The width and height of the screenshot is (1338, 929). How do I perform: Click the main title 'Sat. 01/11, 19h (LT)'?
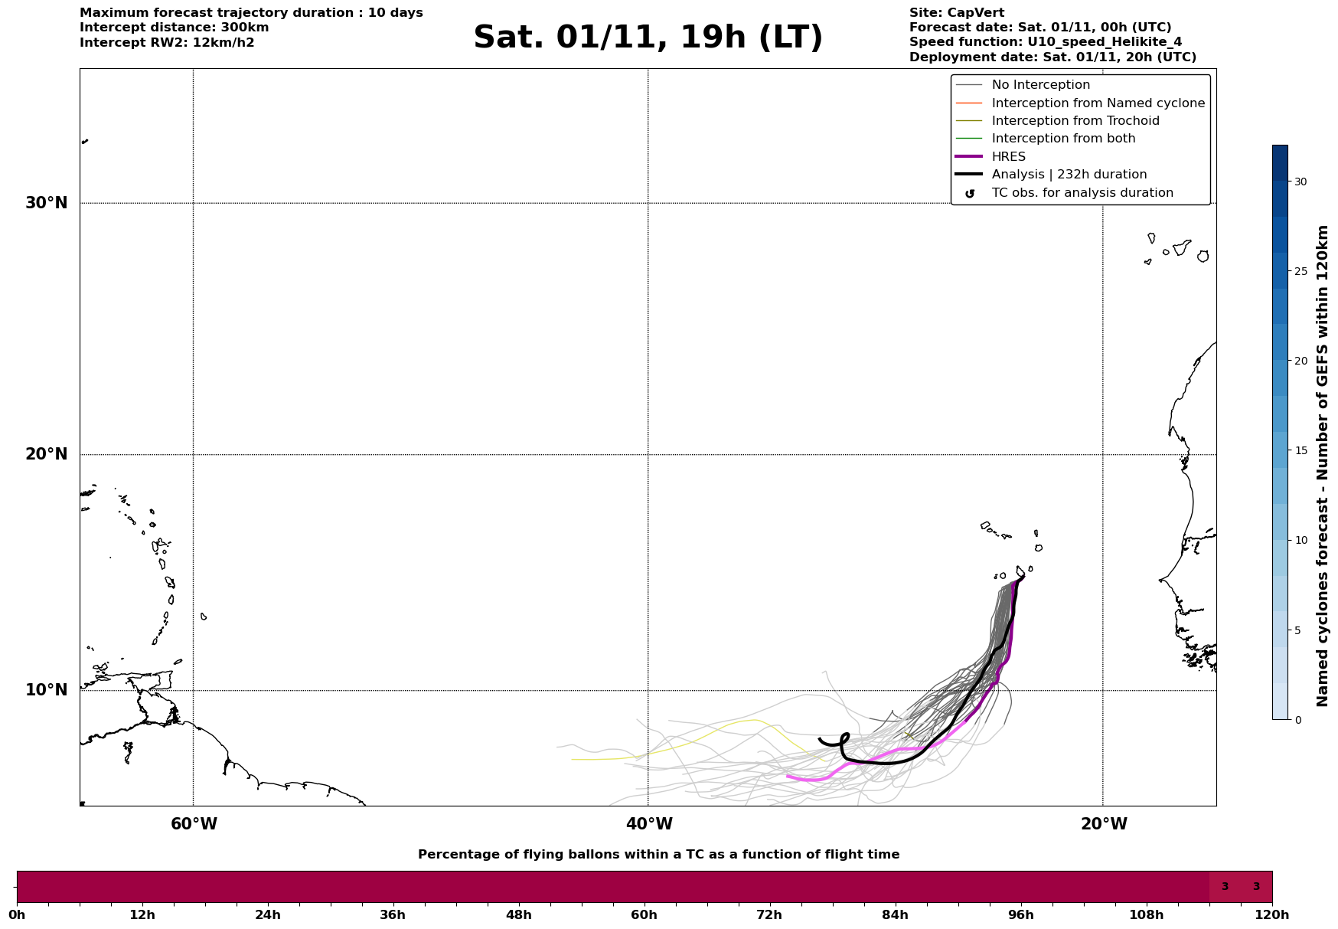(648, 38)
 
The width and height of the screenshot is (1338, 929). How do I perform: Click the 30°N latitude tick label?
(46, 203)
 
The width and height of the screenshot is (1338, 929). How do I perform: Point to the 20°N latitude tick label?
(46, 454)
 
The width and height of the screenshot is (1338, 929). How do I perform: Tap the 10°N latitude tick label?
(46, 690)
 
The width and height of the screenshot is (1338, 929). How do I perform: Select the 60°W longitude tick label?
(194, 824)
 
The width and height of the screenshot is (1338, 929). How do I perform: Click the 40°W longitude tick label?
(649, 824)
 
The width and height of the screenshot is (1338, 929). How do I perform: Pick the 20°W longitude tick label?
(1104, 824)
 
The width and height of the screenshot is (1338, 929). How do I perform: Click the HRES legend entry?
(1008, 157)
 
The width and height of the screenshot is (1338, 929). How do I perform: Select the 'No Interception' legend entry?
(1040, 85)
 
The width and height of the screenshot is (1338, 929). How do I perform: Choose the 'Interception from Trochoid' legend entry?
(1075, 121)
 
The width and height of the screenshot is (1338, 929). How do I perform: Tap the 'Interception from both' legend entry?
(1063, 139)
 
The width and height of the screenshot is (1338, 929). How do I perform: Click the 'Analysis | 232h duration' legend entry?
(1069, 175)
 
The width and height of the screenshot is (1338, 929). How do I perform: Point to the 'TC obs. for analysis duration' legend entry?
(1082, 193)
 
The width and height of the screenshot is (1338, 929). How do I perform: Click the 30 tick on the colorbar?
(1300, 182)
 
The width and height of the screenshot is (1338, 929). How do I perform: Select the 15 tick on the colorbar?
(1300, 450)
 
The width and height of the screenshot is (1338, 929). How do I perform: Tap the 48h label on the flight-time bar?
(518, 915)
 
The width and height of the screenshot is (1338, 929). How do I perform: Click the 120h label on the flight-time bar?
(1272, 915)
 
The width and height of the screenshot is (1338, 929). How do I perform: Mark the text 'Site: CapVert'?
(956, 13)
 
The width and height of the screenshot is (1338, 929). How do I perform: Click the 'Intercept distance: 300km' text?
(174, 28)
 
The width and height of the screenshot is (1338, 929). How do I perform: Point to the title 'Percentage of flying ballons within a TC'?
(658, 855)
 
